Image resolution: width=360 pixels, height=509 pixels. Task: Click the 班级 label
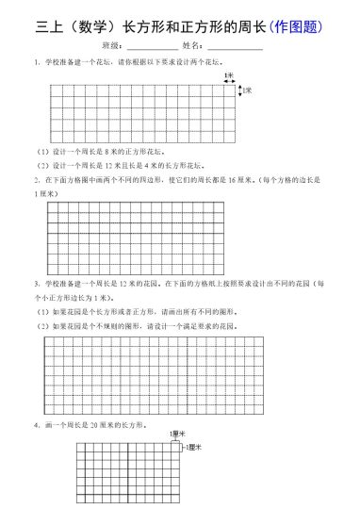(111, 45)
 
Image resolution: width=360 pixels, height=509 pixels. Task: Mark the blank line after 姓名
(235, 46)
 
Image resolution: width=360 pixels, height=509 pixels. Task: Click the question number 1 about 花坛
(35, 62)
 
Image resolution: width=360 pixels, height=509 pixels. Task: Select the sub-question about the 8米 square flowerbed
(101, 150)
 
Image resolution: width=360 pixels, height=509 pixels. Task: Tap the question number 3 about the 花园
(35, 283)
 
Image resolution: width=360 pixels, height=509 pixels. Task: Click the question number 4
(35, 426)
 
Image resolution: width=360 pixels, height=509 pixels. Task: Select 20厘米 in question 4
(111, 426)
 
